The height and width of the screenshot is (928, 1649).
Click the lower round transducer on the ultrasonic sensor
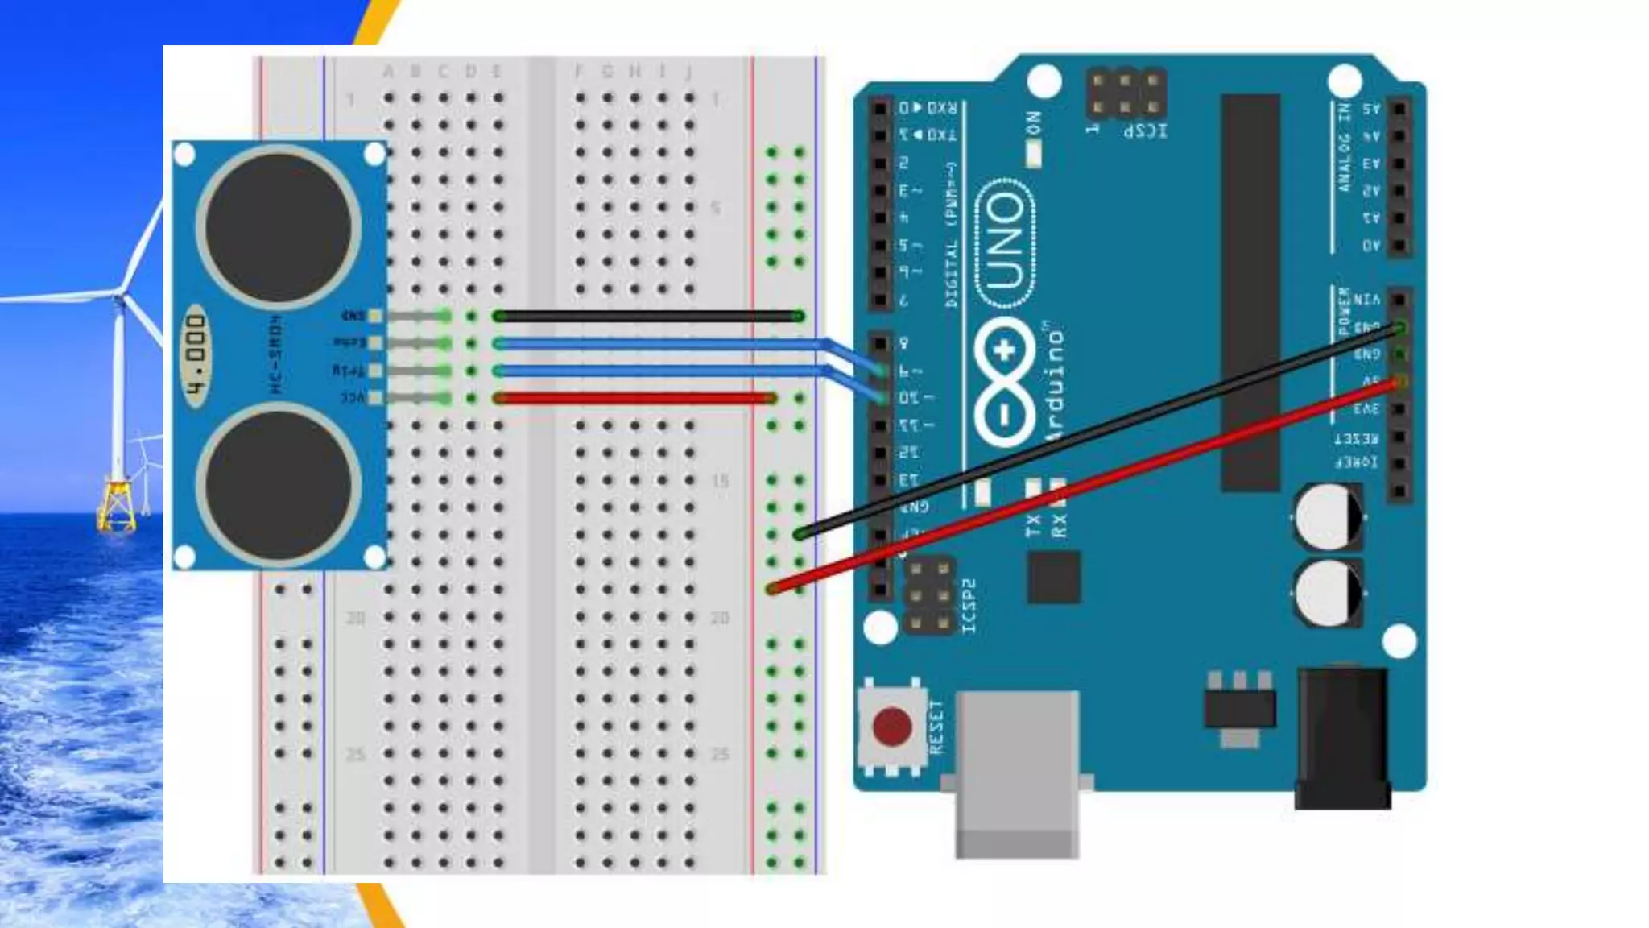coord(279,486)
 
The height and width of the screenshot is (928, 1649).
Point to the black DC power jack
coord(1342,737)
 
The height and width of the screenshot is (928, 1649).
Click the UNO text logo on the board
coord(1006,242)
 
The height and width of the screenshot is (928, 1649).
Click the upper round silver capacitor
coord(1328,516)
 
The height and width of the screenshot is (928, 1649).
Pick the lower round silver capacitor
coord(1328,592)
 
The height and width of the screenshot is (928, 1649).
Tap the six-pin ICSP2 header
coord(929,597)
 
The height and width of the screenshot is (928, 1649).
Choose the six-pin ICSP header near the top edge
coord(1125,93)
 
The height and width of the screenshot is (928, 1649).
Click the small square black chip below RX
coord(1054,578)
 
